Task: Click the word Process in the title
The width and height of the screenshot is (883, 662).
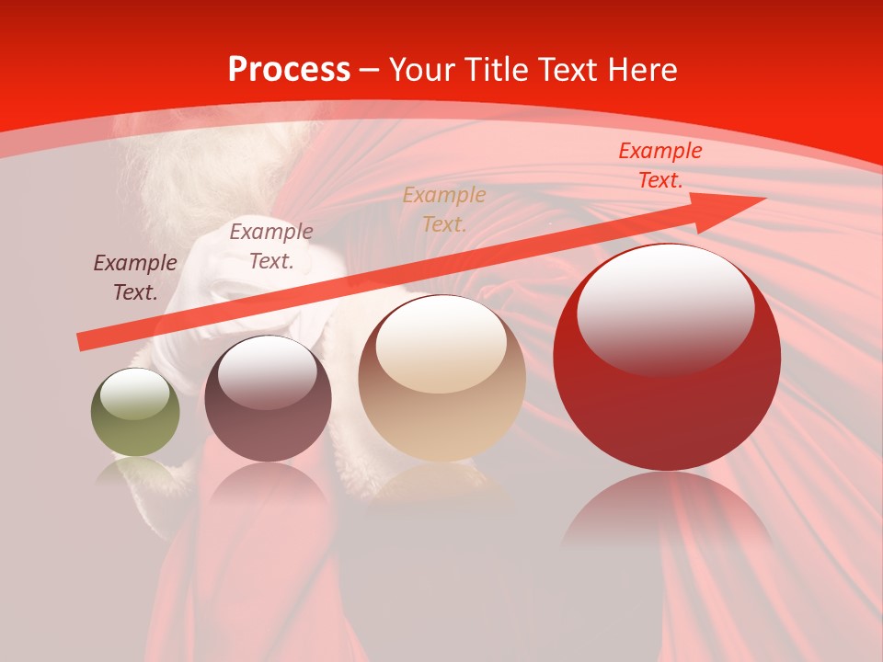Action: pos(289,70)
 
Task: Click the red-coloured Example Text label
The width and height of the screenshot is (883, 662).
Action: pos(660,165)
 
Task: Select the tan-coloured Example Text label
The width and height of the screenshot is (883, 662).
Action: pos(444,209)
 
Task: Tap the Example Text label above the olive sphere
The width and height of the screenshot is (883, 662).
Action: pos(135,277)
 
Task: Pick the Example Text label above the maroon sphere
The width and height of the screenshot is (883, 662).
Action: pos(271,245)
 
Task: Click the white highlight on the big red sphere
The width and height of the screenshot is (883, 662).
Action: pos(665,308)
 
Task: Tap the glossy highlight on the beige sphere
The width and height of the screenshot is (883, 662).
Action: pos(441,344)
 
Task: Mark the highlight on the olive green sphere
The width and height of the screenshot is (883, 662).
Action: pos(135,394)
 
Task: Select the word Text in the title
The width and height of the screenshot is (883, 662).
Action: pos(568,70)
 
